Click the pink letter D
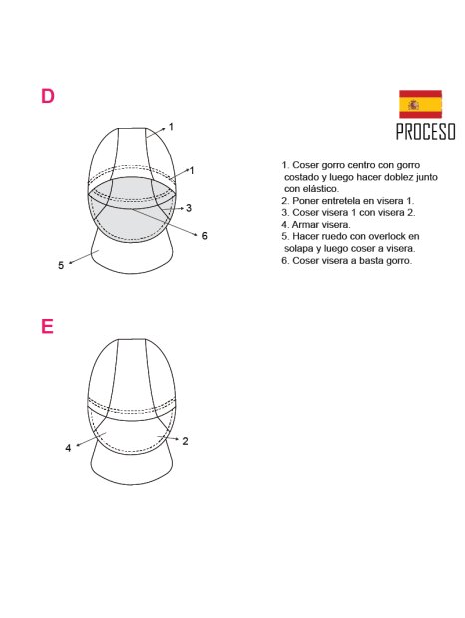(47, 97)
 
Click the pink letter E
(47, 327)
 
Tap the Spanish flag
(420, 104)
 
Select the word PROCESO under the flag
(425, 132)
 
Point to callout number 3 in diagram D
(189, 208)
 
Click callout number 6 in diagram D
(204, 236)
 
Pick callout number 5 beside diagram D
(61, 265)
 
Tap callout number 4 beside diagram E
(68, 448)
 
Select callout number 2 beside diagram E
(186, 440)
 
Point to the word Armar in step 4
(305, 224)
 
